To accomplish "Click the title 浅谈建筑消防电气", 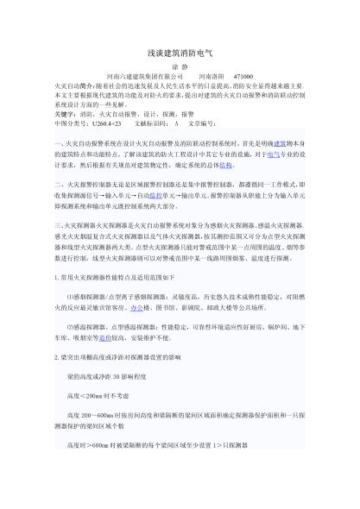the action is coord(180,53).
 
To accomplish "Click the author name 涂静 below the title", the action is coord(180,66).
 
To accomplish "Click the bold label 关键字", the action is coord(64,112).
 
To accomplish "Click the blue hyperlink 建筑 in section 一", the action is coord(279,143).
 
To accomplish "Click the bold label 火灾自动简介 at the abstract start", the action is coord(73,85).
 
